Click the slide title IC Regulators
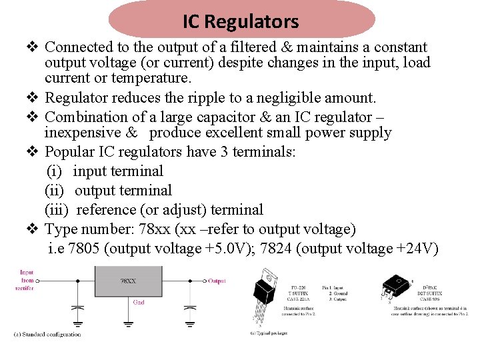tap(241, 21)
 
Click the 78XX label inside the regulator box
tap(127, 281)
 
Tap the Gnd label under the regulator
tap(139, 302)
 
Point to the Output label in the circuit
tap(217, 281)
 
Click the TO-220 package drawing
tap(267, 297)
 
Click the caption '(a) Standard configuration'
tap(47, 334)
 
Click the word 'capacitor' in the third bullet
tap(201, 117)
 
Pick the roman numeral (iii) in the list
tap(57, 210)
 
